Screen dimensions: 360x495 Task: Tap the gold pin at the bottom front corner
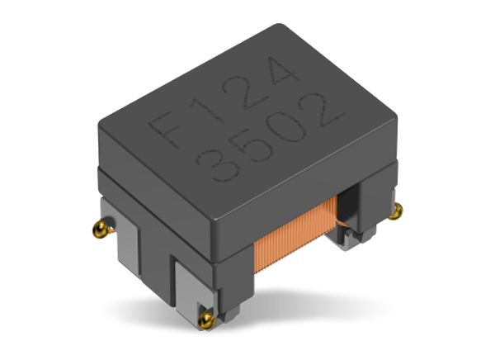point(207,313)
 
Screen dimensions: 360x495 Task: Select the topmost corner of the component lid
point(288,24)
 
